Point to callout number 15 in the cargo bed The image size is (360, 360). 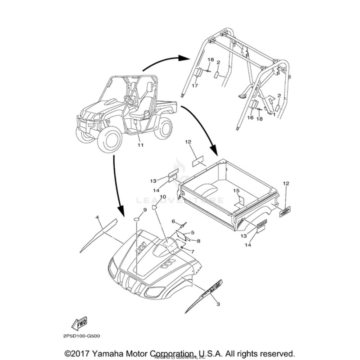coord(237,191)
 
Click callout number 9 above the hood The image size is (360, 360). coord(145,210)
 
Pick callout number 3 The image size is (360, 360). coord(218,305)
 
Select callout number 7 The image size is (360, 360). coord(192,251)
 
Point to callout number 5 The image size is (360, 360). coord(192,232)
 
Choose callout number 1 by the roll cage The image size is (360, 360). coord(274,114)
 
